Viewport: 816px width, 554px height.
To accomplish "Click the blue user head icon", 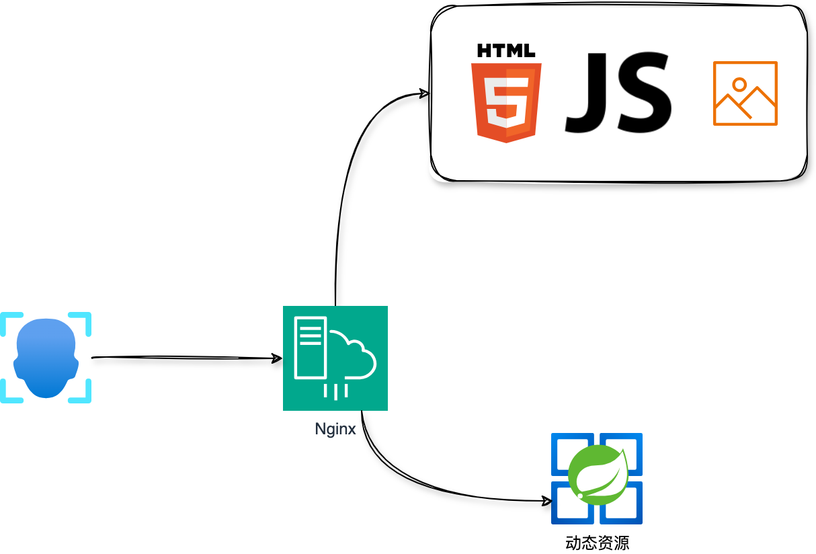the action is tap(46, 358).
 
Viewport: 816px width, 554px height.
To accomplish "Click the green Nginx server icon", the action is tap(335, 358).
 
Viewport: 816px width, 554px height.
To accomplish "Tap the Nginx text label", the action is tap(335, 429).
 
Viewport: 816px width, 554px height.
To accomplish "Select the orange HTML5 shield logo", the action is tap(506, 103).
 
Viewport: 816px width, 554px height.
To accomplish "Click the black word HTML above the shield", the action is tap(506, 50).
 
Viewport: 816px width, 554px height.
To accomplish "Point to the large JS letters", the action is tap(618, 93).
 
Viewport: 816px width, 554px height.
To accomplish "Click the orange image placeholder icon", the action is tap(745, 93).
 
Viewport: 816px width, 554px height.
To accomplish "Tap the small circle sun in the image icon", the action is tap(739, 85).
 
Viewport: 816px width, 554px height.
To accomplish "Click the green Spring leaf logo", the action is tap(598, 475).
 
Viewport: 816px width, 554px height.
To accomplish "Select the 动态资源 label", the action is tap(598, 543).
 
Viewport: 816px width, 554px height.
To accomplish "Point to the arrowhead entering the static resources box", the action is tap(424, 93).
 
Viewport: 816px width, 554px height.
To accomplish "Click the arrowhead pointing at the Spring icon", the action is tap(547, 501).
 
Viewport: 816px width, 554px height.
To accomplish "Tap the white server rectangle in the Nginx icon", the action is tap(310, 348).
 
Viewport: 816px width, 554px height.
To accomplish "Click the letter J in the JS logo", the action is tap(586, 93).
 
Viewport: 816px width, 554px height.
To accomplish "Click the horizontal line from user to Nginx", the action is tap(186, 358).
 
